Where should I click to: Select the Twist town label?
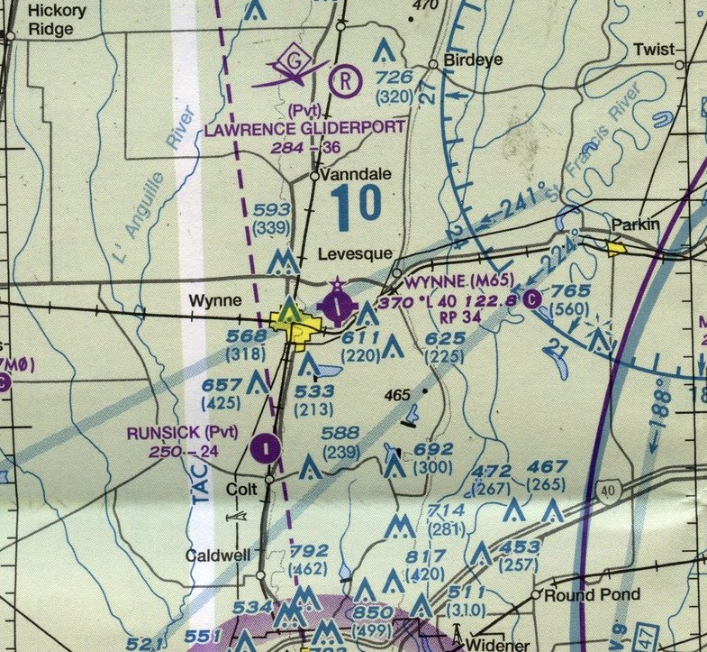(653, 50)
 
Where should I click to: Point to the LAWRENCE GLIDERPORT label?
(304, 129)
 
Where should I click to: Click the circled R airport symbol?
(343, 79)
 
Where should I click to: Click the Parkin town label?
(635, 225)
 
